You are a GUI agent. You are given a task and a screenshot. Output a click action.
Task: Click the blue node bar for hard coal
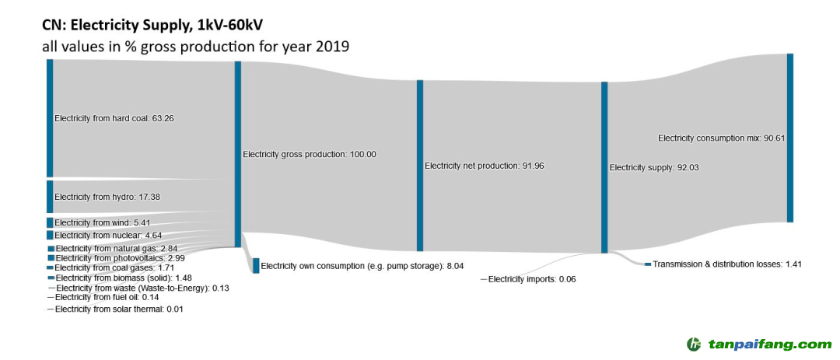pos(50,117)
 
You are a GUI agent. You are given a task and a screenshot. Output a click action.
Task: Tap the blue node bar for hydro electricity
pos(50,197)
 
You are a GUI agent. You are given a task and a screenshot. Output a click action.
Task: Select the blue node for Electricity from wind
pos(50,222)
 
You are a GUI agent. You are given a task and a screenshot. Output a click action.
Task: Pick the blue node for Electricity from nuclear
pos(50,235)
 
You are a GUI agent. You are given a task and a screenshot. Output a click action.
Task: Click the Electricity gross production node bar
pos(238,154)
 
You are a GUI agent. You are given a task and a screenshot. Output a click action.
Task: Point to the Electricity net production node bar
pos(420,166)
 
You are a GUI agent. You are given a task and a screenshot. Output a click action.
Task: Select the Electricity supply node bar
pos(604,167)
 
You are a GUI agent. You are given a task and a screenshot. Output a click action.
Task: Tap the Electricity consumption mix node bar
pos(790,138)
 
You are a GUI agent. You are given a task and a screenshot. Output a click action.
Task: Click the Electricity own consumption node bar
pos(256,265)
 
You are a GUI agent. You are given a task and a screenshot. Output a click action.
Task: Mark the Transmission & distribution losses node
pos(647,264)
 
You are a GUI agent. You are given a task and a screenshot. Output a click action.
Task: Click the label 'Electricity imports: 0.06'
pos(532,278)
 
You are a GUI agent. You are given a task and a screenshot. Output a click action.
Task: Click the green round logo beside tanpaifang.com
pos(693,344)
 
